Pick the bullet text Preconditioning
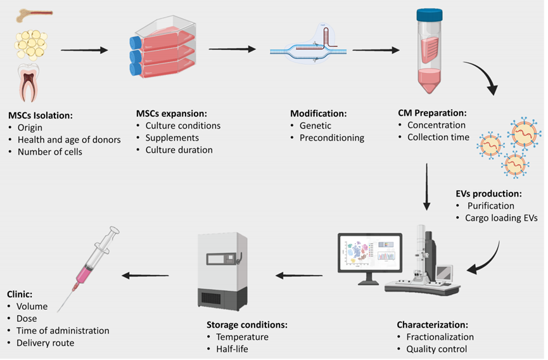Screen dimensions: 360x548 (x=332, y=138)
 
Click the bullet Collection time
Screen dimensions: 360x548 (x=438, y=138)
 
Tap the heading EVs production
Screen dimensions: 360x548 (x=488, y=193)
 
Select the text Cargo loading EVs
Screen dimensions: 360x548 (x=501, y=218)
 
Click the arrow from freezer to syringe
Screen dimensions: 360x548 (x=146, y=275)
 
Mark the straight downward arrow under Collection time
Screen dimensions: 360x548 (x=426, y=186)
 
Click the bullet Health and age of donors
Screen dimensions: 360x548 (x=69, y=139)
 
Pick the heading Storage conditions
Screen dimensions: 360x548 (x=247, y=325)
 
